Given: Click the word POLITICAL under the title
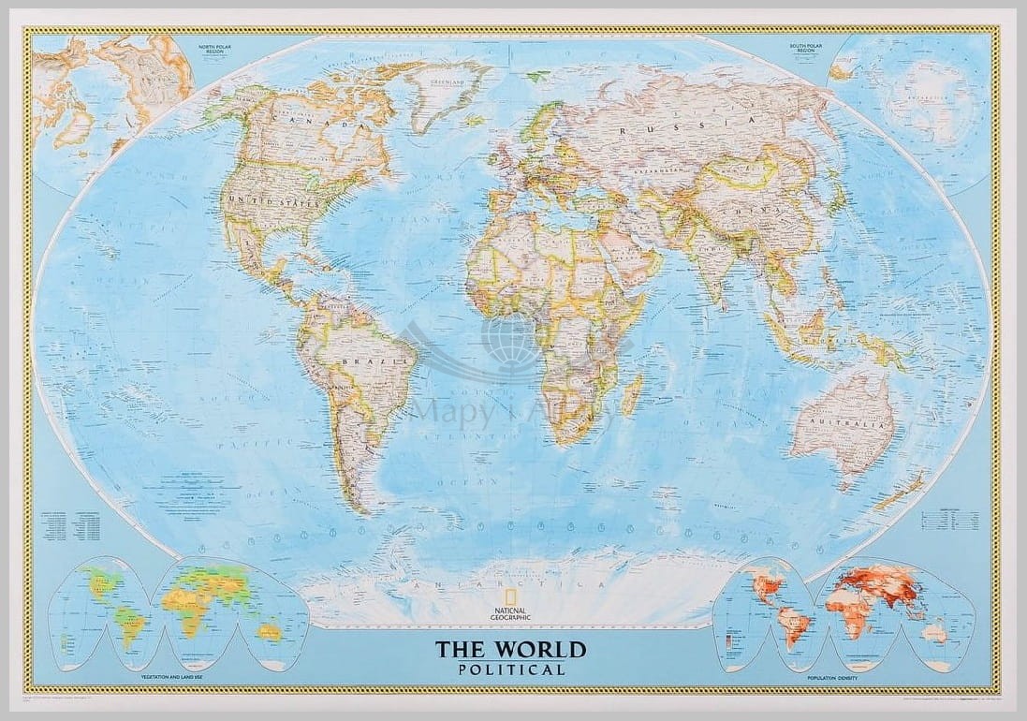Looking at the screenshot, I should click(512, 669).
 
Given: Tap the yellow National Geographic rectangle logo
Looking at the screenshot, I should click(510, 598).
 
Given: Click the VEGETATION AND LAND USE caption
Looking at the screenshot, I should click(173, 675).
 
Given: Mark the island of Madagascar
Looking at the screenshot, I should click(633, 392).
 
